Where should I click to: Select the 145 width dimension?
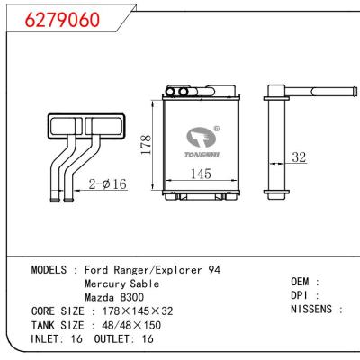[200, 174]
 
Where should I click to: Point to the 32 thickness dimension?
[299, 157]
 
